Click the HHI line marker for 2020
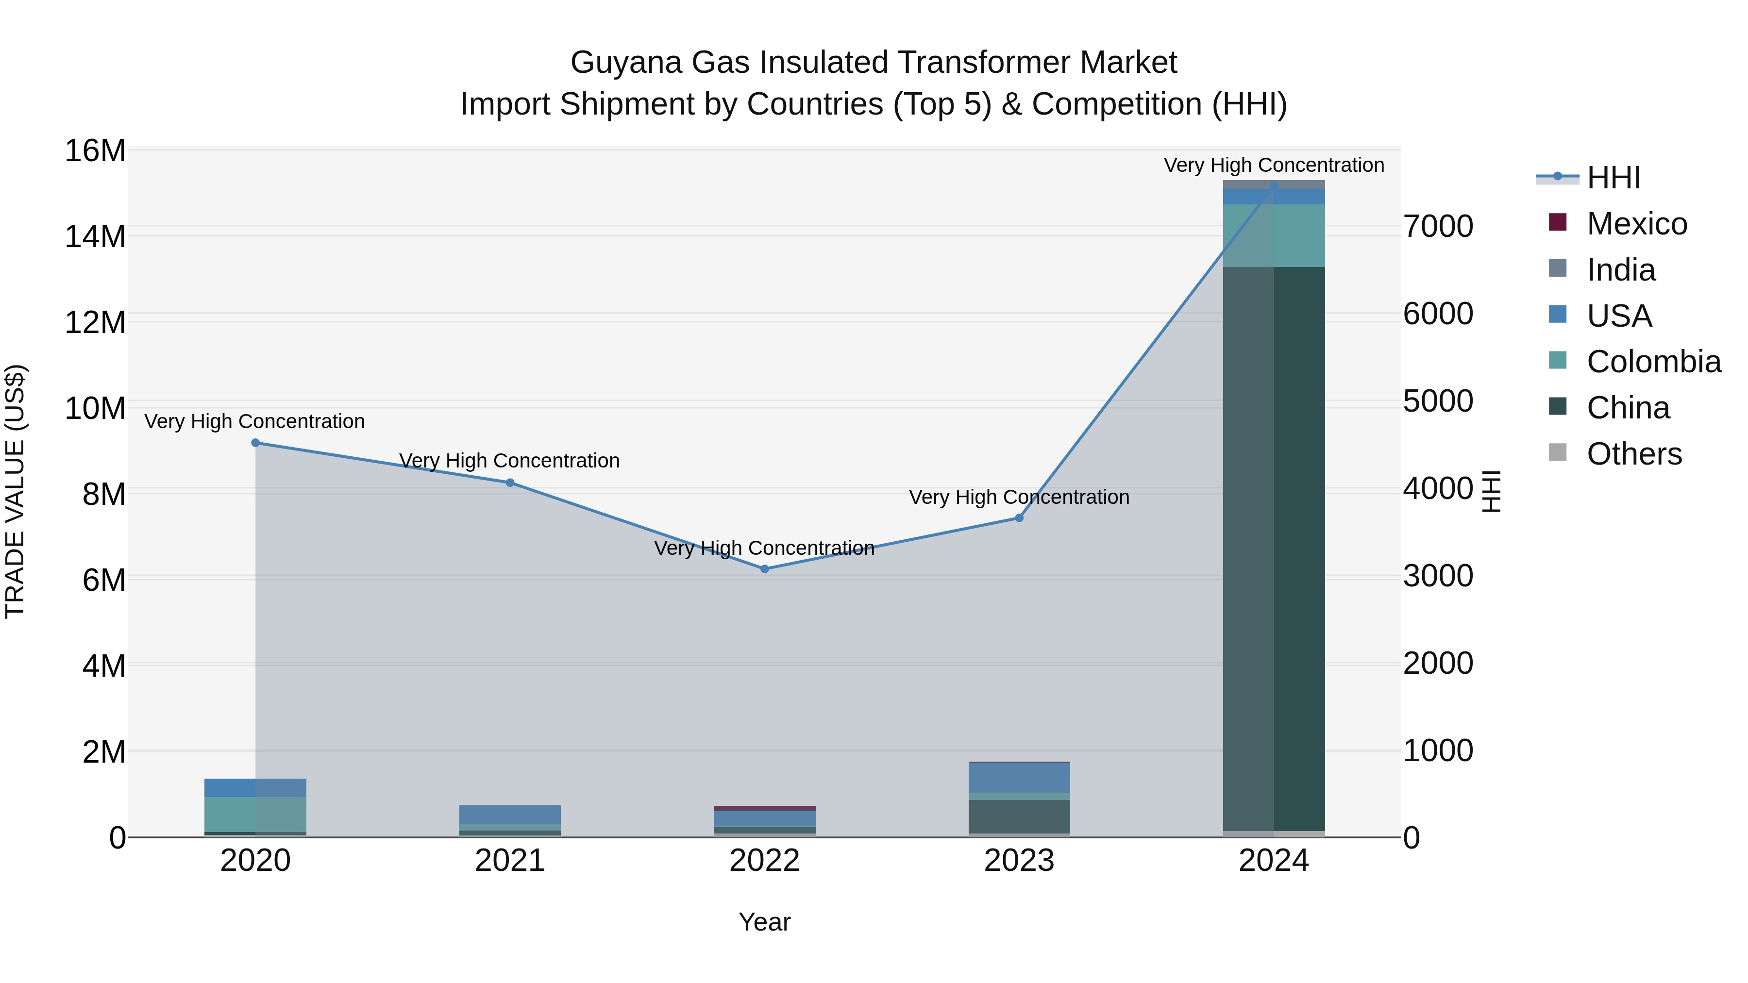[x=255, y=443]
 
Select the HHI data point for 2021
[x=510, y=483]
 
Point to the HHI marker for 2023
[x=1019, y=517]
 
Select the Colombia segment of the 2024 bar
[x=1274, y=235]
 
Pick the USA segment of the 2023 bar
[x=1019, y=778]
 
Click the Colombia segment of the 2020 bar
[x=255, y=814]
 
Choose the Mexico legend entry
[x=1636, y=224]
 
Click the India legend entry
[x=1620, y=270]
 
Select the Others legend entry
[x=1634, y=454]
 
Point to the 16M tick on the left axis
[x=95, y=150]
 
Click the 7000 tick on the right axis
[x=1438, y=227]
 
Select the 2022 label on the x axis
[x=765, y=861]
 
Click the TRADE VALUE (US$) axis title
[x=15, y=491]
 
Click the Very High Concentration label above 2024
[x=1274, y=165]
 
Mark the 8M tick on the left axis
[x=104, y=495]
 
